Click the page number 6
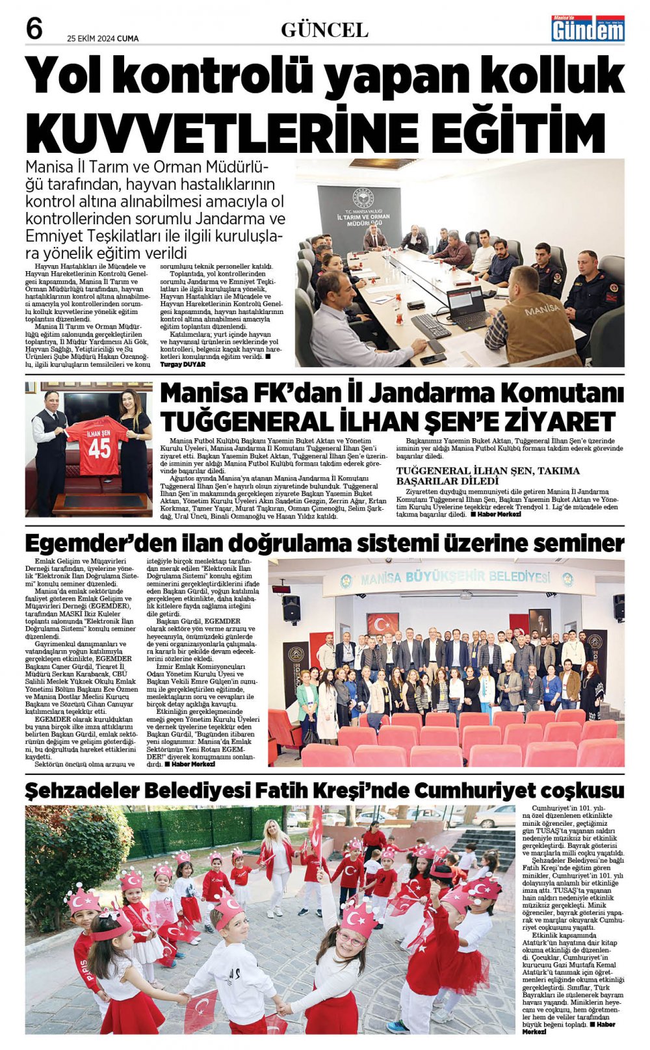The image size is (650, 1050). [34, 29]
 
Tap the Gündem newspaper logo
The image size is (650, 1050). [588, 29]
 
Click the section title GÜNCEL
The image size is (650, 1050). [324, 30]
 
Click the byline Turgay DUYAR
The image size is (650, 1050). [183, 365]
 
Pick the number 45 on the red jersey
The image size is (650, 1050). [99, 448]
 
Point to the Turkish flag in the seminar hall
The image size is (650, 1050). [383, 624]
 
